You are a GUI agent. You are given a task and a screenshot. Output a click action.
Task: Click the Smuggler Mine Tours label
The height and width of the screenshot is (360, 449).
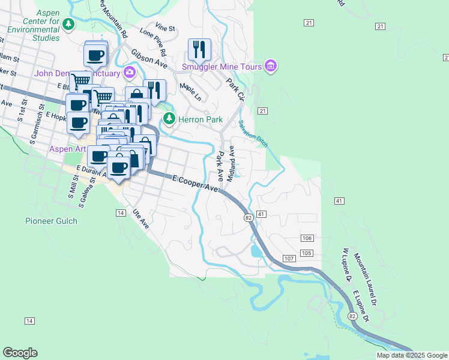[x=223, y=67]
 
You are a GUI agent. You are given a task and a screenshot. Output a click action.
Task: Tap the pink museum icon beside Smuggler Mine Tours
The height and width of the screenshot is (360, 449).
[x=270, y=66]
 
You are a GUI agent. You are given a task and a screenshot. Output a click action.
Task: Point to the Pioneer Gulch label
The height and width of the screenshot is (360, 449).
[x=51, y=221]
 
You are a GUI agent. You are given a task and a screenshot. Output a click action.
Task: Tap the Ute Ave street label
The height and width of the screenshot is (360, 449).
[x=140, y=218]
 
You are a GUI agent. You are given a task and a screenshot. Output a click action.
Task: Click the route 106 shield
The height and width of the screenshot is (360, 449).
[x=307, y=239]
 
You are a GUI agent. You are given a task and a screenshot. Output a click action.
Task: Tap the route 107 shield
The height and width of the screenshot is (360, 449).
[x=288, y=258]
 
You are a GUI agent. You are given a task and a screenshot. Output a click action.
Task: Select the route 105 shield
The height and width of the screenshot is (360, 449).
[x=307, y=254]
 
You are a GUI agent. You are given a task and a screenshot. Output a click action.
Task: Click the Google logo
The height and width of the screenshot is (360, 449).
[x=20, y=353]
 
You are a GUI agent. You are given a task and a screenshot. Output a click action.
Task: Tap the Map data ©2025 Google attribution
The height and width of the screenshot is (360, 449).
[x=412, y=356]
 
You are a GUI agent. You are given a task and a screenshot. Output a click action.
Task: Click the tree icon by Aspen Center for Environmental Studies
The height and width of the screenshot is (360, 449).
[x=69, y=24]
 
